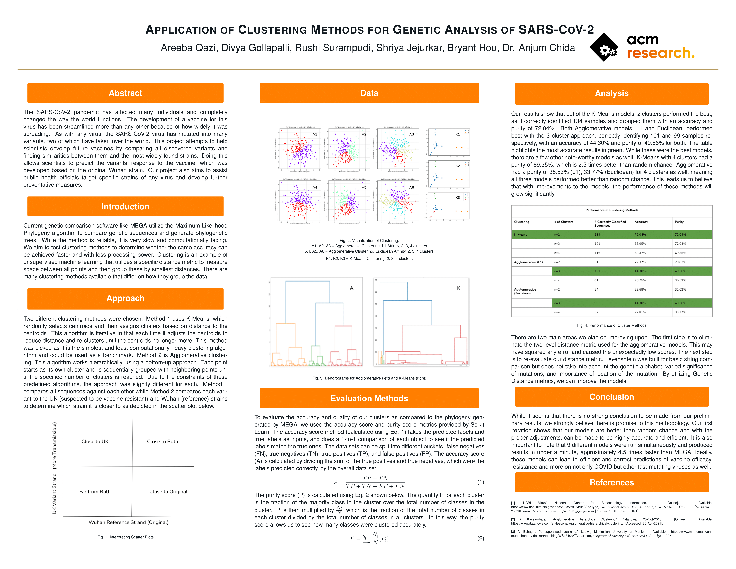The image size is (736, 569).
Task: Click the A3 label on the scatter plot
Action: (411, 134)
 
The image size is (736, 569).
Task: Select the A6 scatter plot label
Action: (411, 187)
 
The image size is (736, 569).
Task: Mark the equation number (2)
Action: (481, 538)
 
